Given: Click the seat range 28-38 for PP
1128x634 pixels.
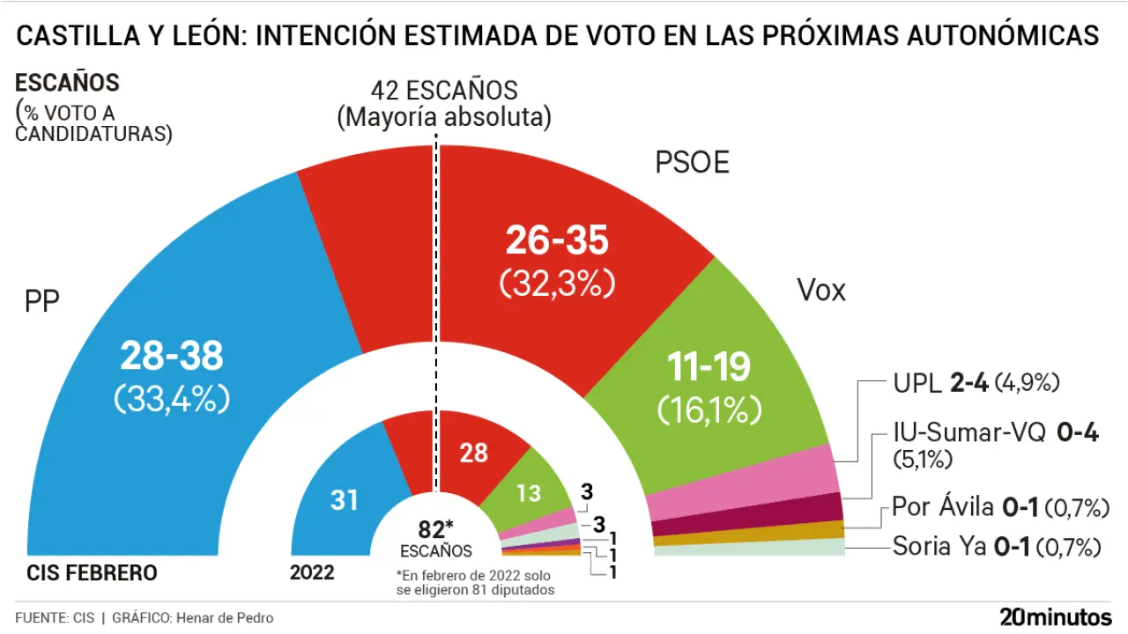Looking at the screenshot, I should point(172,357).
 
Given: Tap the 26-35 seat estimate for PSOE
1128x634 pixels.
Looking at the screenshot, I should point(556,241).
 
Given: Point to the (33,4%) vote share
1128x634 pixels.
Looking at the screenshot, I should point(172,399).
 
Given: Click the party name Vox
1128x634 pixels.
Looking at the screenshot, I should point(820,290).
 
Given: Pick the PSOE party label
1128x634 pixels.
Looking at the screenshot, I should point(692,163).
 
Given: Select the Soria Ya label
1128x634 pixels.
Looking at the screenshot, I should point(939,547).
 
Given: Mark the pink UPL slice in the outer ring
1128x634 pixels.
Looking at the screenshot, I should point(740,484).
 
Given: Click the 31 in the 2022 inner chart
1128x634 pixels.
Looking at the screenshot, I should point(345,500).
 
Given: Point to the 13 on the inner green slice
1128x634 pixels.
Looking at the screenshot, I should point(529,493).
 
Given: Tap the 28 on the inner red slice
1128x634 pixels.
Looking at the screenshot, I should point(473,453).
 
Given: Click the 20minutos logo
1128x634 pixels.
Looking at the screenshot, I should point(1055,616).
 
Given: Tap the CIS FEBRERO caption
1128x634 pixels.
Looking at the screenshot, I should point(92,573).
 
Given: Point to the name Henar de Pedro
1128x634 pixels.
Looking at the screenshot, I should point(225,617).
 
